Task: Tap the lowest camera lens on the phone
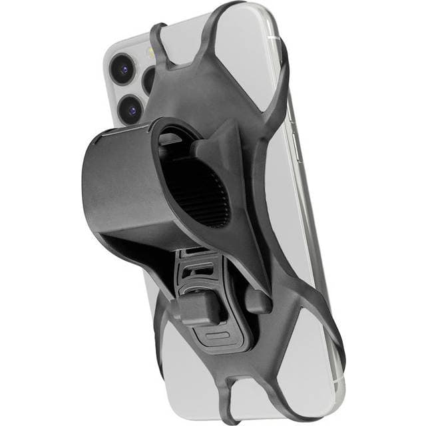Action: click(x=132, y=108)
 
